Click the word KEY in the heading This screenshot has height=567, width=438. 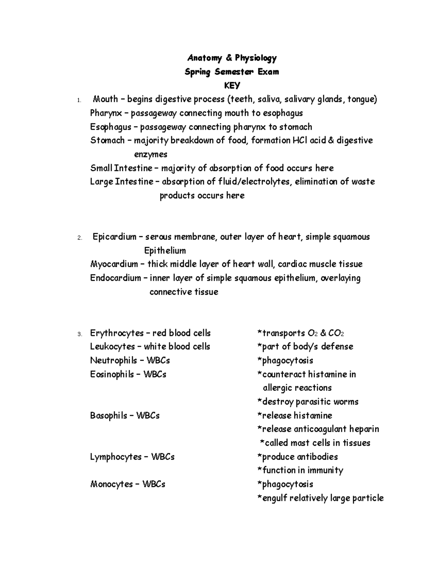pyautogui.click(x=232, y=85)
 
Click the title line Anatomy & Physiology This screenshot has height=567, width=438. pyautogui.click(x=232, y=58)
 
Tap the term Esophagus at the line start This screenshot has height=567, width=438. pyautogui.click(x=111, y=127)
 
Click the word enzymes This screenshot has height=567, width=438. pyautogui.click(x=151, y=154)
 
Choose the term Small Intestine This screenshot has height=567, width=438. pyautogui.click(x=121, y=168)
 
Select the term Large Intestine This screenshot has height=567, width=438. pyautogui.click(x=122, y=181)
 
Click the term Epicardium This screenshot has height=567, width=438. pyautogui.click(x=114, y=237)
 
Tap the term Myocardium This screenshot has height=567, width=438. pyautogui.click(x=114, y=264)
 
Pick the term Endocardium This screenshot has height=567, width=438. pyautogui.click(x=115, y=278)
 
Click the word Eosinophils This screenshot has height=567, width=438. pyautogui.click(x=112, y=374)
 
